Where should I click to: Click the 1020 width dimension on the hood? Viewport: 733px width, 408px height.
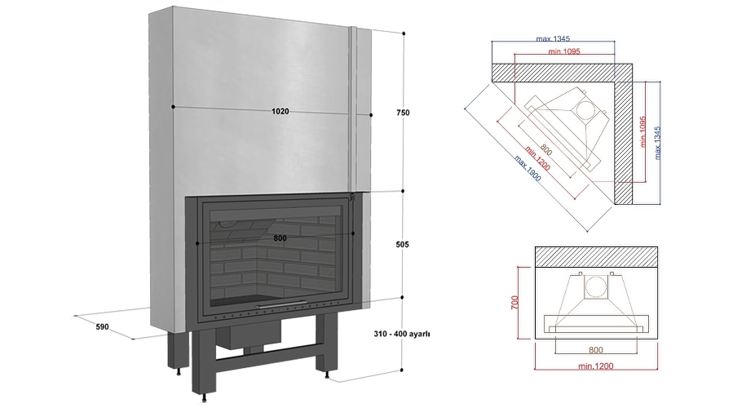280,111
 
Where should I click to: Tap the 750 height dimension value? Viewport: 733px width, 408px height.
403,113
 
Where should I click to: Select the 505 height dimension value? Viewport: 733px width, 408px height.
402,244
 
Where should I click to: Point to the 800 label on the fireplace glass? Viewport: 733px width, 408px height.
280,238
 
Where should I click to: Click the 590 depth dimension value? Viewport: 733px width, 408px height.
103,326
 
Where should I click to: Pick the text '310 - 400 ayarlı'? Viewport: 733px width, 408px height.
402,334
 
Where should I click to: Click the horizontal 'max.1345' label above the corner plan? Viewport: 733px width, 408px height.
553,39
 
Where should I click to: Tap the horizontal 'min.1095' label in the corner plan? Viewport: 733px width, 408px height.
564,51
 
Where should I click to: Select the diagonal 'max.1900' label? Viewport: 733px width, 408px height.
528,168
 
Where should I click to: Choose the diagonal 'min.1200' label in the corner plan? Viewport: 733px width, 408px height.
537,158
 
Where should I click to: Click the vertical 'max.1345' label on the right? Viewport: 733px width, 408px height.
658,143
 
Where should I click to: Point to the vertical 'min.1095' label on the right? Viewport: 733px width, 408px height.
642,132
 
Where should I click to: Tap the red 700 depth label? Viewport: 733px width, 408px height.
514,302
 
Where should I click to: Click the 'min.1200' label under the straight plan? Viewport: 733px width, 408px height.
595,366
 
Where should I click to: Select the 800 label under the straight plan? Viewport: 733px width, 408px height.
595,349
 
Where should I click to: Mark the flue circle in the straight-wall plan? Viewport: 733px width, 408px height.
595,286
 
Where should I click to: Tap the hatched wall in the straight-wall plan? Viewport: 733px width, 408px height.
597,257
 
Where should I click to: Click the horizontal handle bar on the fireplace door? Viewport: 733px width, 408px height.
281,304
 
